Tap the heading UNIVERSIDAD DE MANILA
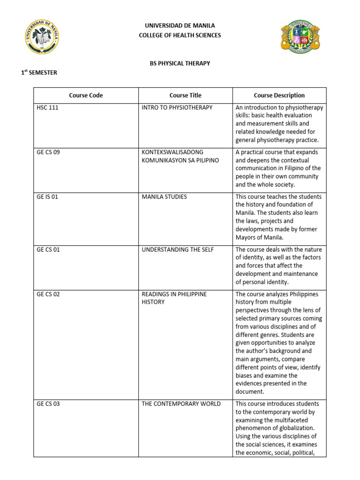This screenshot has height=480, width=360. click(180, 26)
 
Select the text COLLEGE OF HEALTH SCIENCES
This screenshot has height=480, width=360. click(180, 35)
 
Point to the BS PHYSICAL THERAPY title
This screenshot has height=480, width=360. click(180, 63)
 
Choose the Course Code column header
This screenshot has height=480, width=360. click(86, 95)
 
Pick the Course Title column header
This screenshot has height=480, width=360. click(186, 95)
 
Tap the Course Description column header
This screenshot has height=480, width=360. click(279, 95)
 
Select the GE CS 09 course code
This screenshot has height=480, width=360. click(48, 152)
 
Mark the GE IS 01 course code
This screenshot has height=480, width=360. click(47, 197)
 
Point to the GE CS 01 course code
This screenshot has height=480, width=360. click(48, 250)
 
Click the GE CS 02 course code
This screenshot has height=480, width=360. click(48, 294)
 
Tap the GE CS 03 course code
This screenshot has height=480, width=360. click(48, 404)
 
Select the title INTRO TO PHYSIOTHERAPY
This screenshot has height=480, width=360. click(177, 108)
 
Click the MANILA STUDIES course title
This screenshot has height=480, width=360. click(164, 197)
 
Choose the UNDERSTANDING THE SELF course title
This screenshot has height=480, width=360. click(178, 250)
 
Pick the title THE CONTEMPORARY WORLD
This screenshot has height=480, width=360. click(181, 404)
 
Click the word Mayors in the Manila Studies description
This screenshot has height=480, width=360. click(246, 237)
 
